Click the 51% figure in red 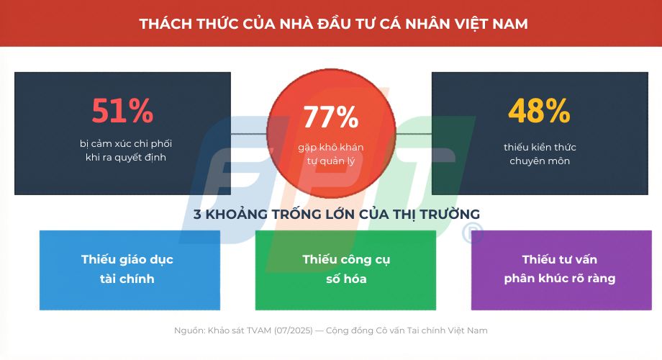[122, 111]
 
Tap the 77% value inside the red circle [330, 117]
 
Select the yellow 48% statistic [539, 111]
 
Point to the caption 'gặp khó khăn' [331, 148]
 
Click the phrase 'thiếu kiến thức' [540, 148]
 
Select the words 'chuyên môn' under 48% [540, 161]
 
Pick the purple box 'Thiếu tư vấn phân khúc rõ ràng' [561, 269]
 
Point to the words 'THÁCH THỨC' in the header [181, 24]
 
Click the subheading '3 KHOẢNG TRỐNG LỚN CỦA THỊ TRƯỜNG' [336, 215]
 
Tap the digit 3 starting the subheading [197, 215]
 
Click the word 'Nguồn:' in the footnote [189, 330]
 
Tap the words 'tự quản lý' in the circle [331, 161]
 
